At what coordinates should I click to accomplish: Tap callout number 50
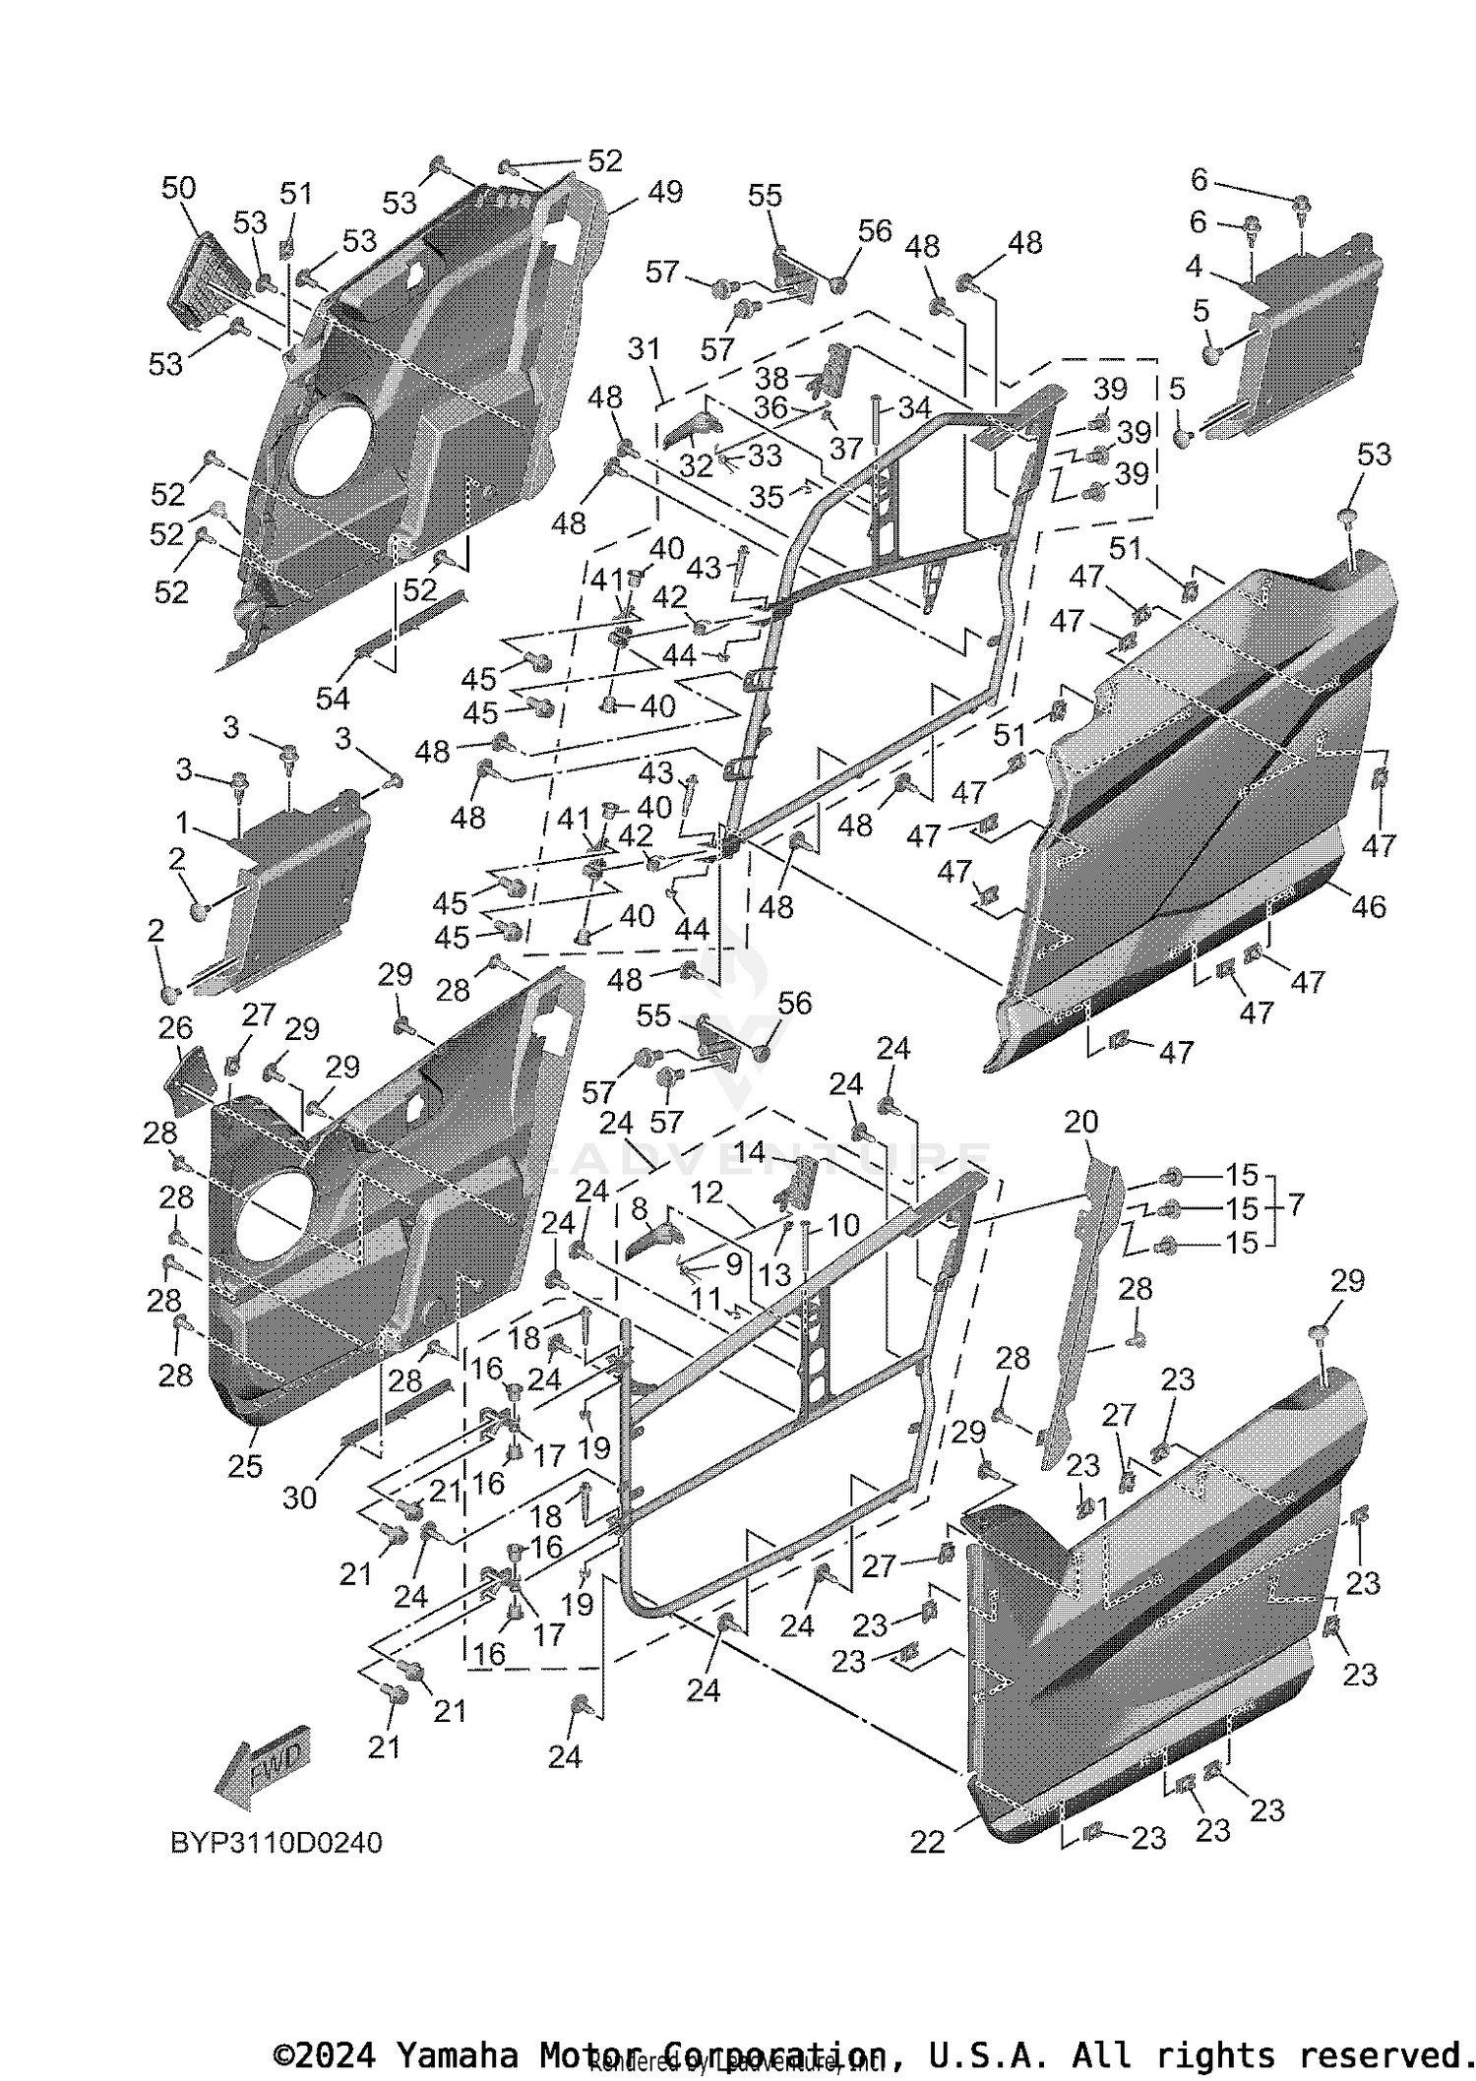click(178, 188)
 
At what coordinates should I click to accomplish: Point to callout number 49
click(665, 192)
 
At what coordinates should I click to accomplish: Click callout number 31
click(644, 349)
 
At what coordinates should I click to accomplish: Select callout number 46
click(1368, 906)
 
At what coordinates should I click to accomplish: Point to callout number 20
click(1080, 1122)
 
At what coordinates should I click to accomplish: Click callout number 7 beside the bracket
click(1296, 1204)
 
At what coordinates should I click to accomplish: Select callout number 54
click(333, 698)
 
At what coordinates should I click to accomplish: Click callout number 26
click(175, 1029)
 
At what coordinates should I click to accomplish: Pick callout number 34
click(914, 406)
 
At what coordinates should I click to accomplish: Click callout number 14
click(776, 1151)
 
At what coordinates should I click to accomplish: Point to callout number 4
click(1194, 266)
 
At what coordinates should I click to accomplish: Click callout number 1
click(181, 821)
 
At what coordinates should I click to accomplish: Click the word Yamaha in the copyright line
click(456, 2054)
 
